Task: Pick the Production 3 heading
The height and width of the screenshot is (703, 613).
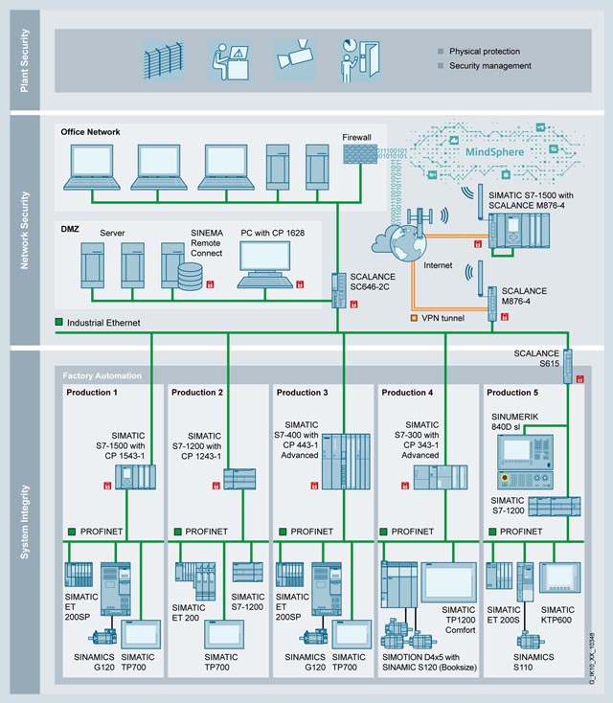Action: coord(302,393)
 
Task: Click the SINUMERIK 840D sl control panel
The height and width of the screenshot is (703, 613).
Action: coord(517,457)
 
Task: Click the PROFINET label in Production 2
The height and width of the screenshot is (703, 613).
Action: coord(207,531)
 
